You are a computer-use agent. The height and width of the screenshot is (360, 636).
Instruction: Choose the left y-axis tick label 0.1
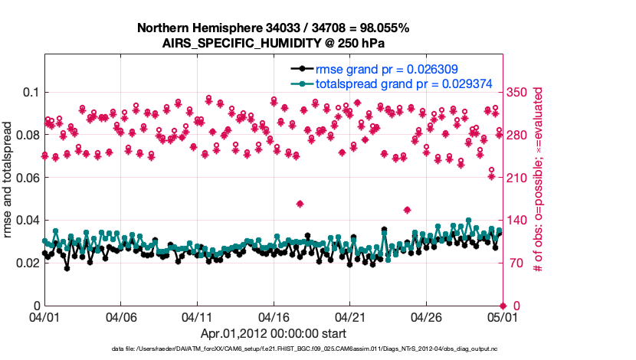coord(31,92)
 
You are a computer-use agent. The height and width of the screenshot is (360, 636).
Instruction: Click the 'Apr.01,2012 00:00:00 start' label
coord(273,333)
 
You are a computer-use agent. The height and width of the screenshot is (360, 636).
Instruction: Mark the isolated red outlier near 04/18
coord(300,204)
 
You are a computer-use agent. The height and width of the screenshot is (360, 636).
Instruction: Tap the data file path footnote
coord(304,349)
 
